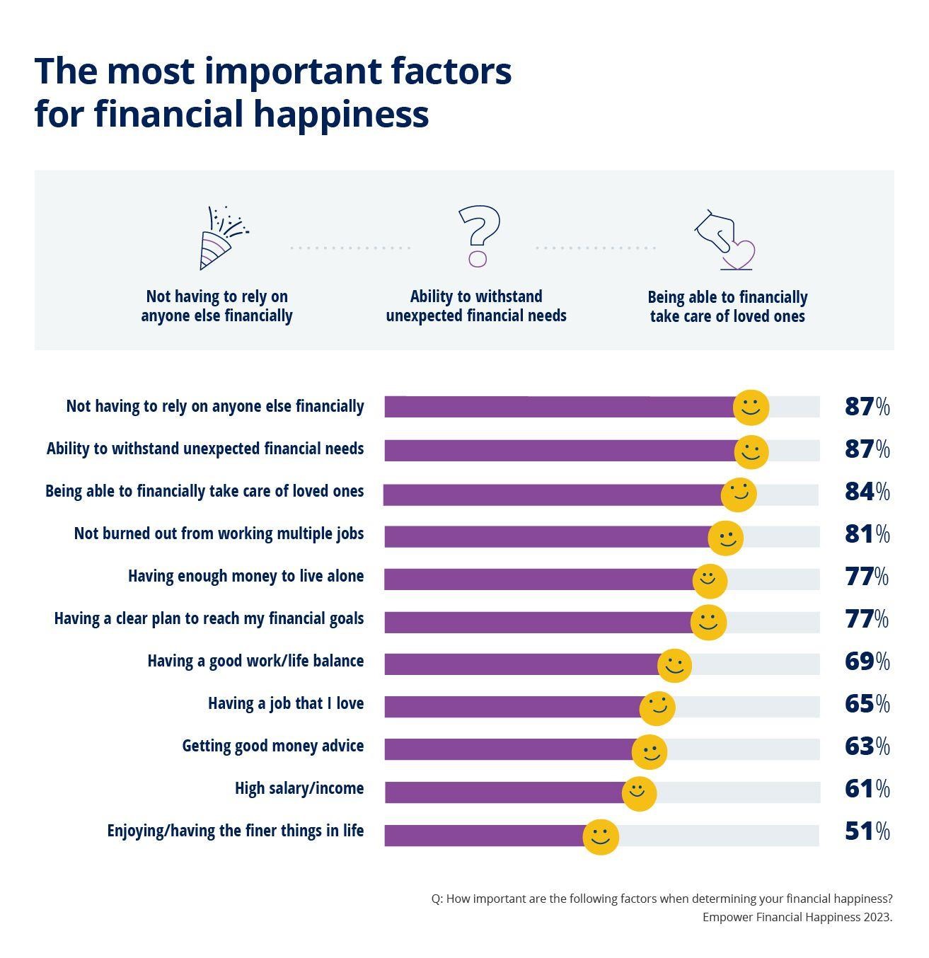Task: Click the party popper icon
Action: tap(221, 238)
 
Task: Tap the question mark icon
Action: tap(478, 236)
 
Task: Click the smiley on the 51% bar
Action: tap(601, 837)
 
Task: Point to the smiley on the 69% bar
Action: tap(674, 665)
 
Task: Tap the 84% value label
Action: tap(867, 491)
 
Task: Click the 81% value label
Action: tap(867, 533)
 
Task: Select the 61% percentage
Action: tap(867, 788)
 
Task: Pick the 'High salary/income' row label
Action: tap(299, 788)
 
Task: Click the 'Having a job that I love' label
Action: tap(286, 703)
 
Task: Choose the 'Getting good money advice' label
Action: tap(273, 746)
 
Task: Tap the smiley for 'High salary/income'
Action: tap(639, 793)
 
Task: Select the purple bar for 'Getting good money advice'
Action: tap(509, 749)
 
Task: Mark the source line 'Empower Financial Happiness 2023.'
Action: tap(797, 917)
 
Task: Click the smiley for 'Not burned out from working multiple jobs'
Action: tap(725, 538)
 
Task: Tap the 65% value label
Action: tap(867, 703)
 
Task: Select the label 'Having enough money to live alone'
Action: tap(246, 576)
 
